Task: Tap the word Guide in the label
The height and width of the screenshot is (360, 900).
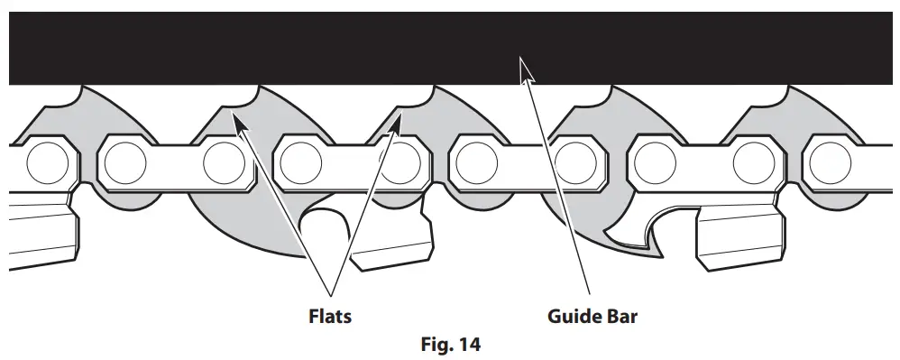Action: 570,317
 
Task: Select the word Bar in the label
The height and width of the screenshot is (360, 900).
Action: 620,317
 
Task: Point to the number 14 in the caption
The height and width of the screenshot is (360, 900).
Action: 470,344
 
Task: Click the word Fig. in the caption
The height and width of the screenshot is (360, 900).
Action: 438,344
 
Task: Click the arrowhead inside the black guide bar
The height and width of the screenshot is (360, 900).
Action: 523,69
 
